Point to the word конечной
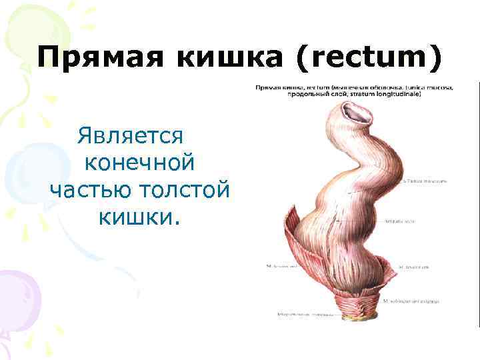[140, 163]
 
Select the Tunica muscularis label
[427, 181]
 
